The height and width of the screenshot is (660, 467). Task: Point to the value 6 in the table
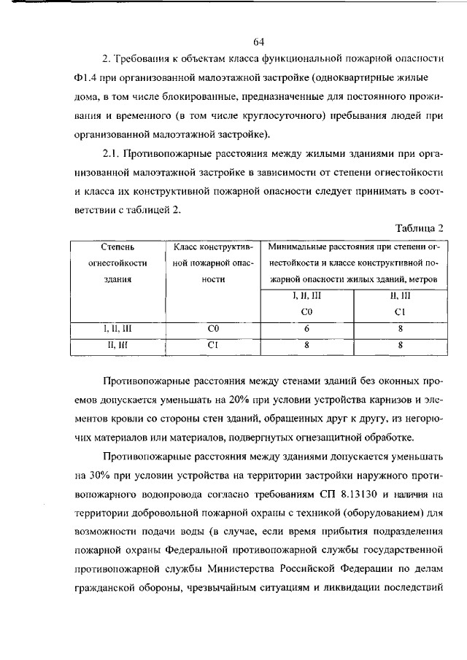[306, 329]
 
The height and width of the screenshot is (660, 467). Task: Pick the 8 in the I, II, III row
[401, 329]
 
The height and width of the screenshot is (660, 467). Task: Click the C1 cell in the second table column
[212, 346]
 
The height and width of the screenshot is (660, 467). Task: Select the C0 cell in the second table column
[212, 329]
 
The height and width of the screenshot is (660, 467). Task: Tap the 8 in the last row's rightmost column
[401, 346]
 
